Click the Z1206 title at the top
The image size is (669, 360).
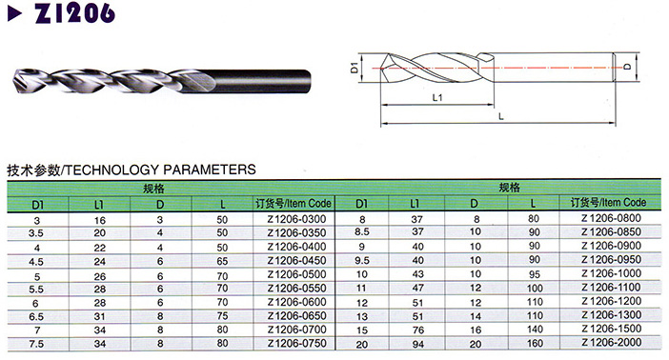click(x=74, y=12)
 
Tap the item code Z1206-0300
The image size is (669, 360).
click(x=296, y=219)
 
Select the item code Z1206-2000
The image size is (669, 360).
click(x=611, y=342)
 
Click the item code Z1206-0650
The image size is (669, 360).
click(x=296, y=315)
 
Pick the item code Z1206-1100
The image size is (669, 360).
click(x=611, y=287)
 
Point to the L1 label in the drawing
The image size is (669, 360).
click(x=437, y=98)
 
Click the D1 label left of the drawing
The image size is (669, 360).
click(x=355, y=68)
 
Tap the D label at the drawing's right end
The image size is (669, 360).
click(x=627, y=67)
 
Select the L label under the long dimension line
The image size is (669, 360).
click(x=501, y=116)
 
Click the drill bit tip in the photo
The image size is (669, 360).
click(x=15, y=82)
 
